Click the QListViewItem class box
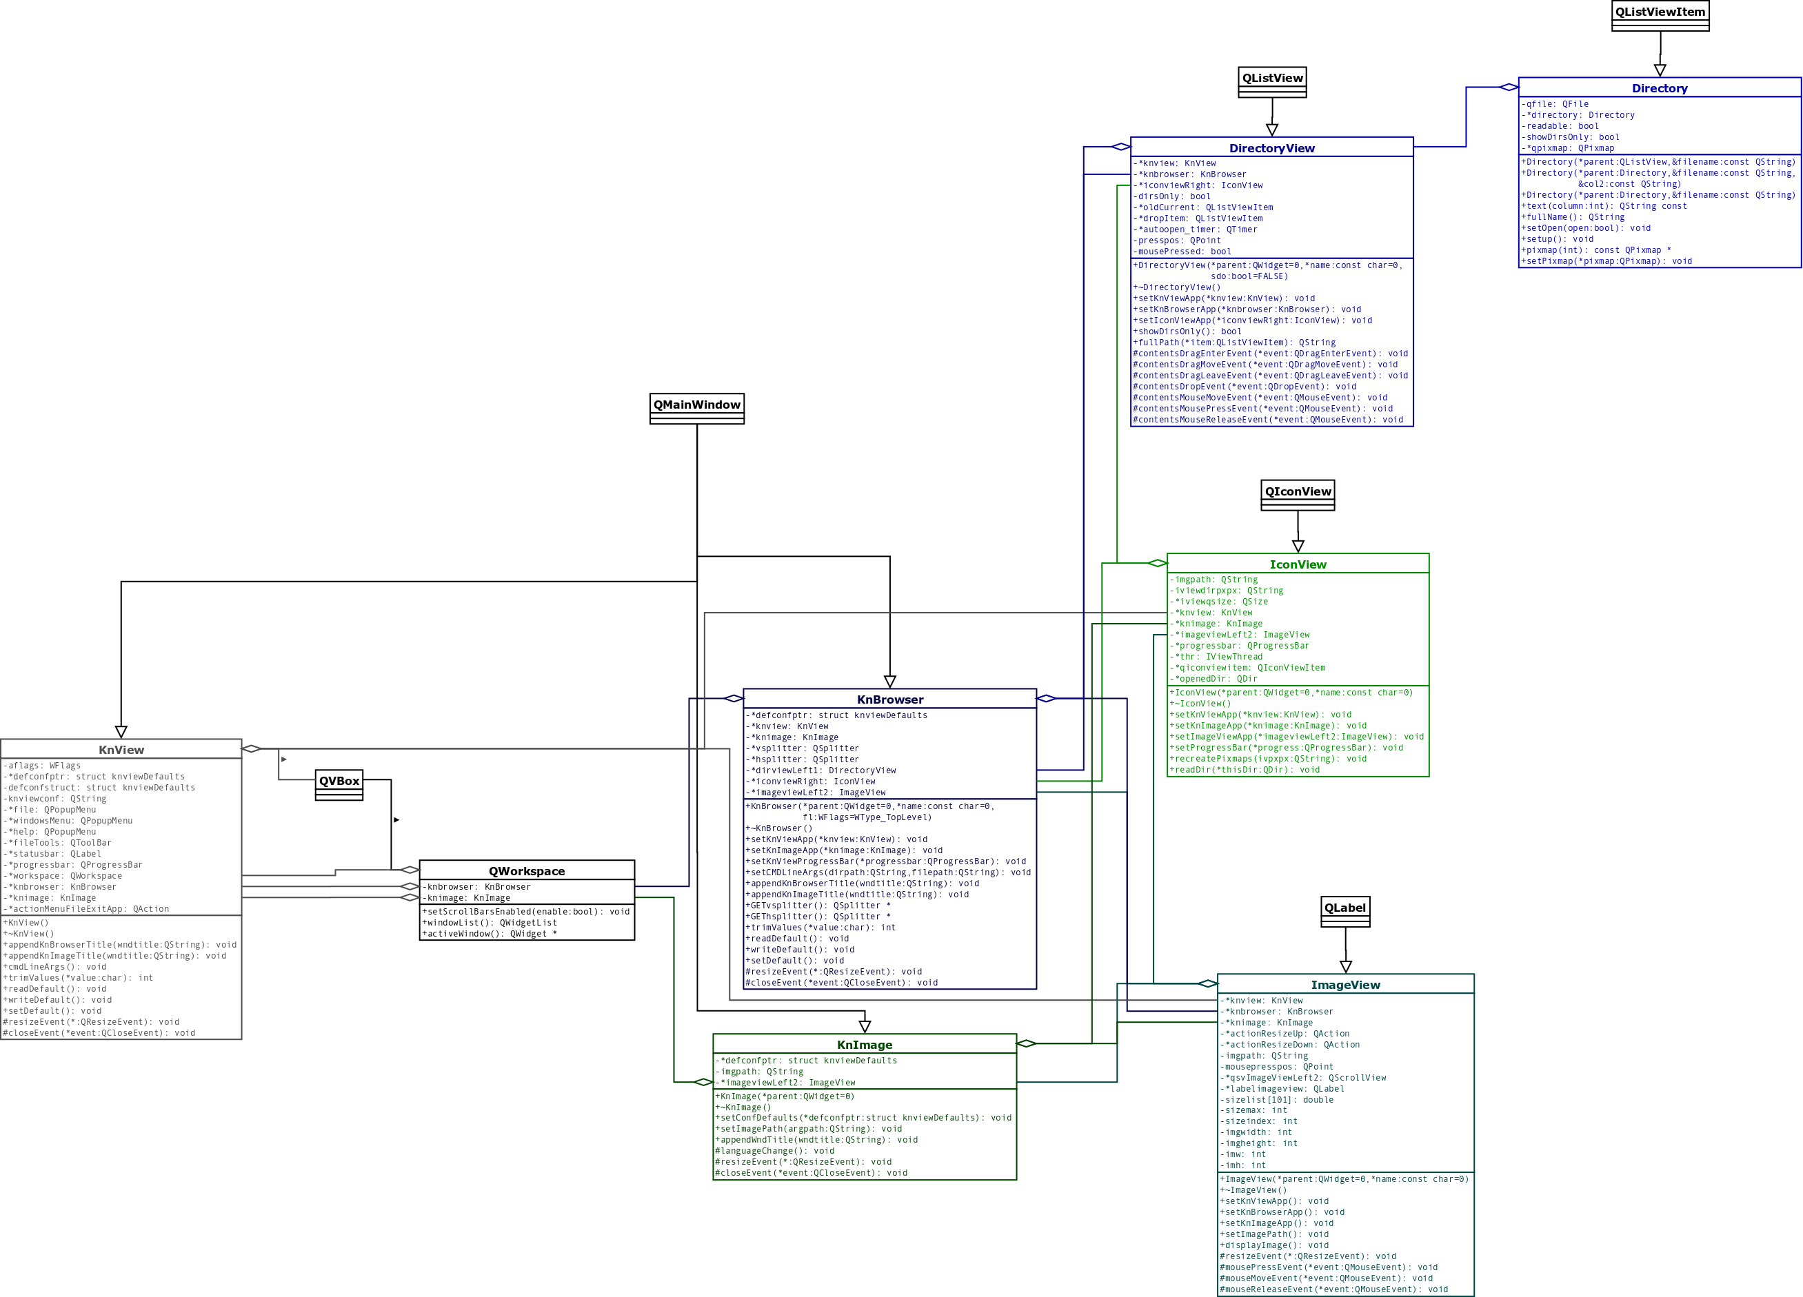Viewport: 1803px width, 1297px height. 1660,15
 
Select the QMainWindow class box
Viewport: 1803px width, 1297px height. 696,408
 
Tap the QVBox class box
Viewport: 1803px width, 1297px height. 339,784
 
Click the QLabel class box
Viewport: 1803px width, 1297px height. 1345,911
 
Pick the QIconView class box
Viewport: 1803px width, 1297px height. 1298,494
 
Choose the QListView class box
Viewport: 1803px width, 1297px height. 1272,81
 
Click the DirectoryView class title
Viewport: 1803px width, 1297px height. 1271,147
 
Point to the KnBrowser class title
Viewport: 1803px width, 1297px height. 889,699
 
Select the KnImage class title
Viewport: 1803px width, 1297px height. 864,1044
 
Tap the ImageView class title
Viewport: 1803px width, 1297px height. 1345,985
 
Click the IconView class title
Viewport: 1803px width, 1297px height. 1298,564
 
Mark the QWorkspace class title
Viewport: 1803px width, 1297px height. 526,871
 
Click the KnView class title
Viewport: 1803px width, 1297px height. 121,749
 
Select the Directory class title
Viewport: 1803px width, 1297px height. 1659,88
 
